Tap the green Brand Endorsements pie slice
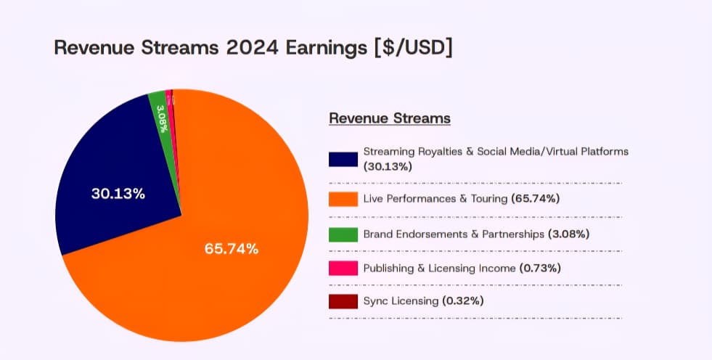163,120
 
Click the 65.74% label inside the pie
232,248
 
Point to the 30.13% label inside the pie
118,194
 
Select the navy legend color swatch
343,159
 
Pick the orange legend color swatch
343,199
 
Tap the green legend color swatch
343,234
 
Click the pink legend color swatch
343,269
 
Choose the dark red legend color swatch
343,301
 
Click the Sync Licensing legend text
401,300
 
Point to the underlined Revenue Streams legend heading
390,118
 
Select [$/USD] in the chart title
413,48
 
